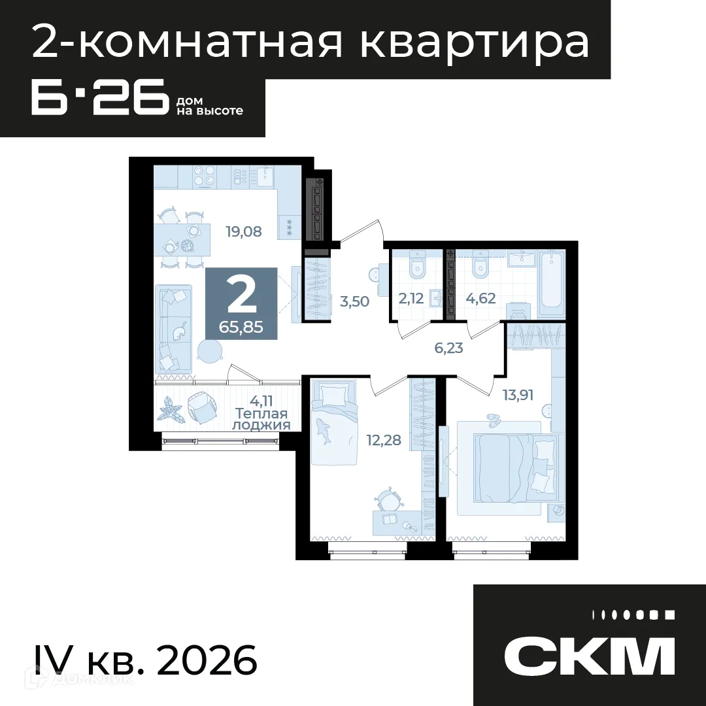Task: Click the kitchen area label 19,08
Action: click(243, 231)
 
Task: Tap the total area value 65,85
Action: click(241, 328)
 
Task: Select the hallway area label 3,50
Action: click(356, 301)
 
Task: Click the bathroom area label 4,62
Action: click(480, 299)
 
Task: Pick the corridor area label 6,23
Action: click(448, 348)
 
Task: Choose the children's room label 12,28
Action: click(384, 440)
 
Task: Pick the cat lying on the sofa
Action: click(179, 332)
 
